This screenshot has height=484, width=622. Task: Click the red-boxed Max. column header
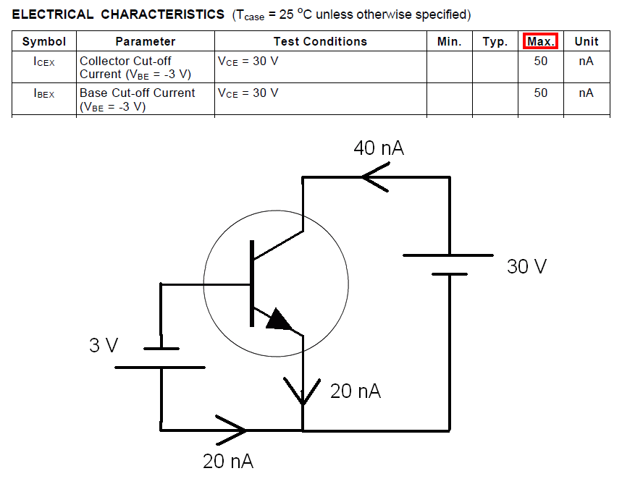click(x=540, y=41)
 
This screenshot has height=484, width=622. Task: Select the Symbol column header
click(x=44, y=41)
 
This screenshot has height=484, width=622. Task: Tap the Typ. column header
click(x=495, y=41)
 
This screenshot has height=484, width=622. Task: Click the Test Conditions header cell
click(x=320, y=41)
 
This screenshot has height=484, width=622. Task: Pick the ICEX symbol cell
click(x=44, y=62)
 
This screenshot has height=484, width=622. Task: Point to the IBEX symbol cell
click(x=44, y=94)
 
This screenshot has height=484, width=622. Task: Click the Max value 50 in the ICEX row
click(x=540, y=61)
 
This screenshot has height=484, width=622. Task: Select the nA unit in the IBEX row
click(x=586, y=93)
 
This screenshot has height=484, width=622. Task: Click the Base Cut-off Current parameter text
click(x=137, y=93)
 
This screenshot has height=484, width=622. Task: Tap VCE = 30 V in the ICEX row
click(x=248, y=61)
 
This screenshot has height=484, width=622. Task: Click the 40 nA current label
click(x=378, y=148)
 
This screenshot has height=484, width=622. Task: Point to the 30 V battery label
click(x=526, y=266)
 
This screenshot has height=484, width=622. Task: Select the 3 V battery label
click(x=104, y=345)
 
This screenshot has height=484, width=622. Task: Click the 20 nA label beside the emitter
click(x=355, y=391)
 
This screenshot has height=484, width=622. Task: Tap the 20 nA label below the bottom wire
click(x=228, y=462)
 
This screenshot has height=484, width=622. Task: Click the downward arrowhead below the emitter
click(x=303, y=391)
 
